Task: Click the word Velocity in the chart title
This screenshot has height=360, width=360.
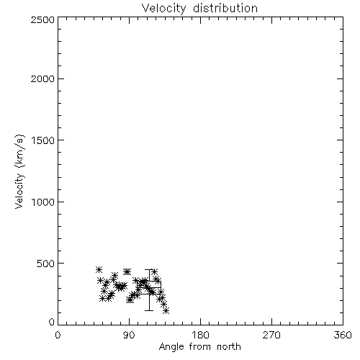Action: (163, 9)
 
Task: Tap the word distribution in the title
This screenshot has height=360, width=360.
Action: (225, 8)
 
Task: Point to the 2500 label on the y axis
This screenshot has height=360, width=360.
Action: (43, 19)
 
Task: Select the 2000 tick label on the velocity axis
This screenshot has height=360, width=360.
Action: (43, 78)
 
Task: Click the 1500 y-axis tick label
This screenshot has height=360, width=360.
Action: (43, 140)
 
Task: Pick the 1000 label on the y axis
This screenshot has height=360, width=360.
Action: (43, 202)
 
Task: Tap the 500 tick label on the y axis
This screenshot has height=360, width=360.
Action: (46, 264)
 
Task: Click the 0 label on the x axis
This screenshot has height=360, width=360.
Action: (58, 335)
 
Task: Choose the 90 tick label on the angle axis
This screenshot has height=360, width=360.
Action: (129, 335)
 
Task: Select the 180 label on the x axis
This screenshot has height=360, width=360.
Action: (200, 335)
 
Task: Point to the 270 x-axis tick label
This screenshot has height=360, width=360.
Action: (271, 335)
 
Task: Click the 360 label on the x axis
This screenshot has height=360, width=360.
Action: (343, 335)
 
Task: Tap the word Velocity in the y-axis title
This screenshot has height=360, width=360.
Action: (19, 191)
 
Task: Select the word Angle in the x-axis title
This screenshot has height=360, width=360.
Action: (171, 347)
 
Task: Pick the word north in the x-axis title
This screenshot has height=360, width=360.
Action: (229, 346)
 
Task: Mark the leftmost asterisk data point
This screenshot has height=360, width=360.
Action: (99, 269)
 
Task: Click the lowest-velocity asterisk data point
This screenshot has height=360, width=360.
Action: (166, 311)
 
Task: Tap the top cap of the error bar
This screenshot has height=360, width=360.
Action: (149, 270)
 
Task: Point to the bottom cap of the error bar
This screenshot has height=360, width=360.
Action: (149, 310)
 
